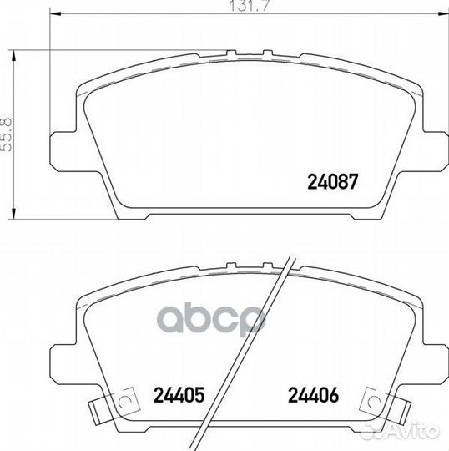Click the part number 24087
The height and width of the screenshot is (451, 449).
(x=333, y=182)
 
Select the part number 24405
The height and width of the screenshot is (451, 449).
(x=179, y=394)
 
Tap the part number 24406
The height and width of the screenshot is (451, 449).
(x=314, y=394)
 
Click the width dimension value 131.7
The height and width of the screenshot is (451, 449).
(x=250, y=6)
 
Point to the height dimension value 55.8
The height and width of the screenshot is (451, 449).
(x=7, y=134)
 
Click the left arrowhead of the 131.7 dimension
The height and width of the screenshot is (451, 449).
(x=55, y=13)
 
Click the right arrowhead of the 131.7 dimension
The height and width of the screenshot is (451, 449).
(x=443, y=13)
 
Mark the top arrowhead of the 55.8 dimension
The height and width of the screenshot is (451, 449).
(x=13, y=56)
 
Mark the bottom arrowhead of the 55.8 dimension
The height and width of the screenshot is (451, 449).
(x=13, y=214)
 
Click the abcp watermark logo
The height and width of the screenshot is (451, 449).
(x=210, y=319)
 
